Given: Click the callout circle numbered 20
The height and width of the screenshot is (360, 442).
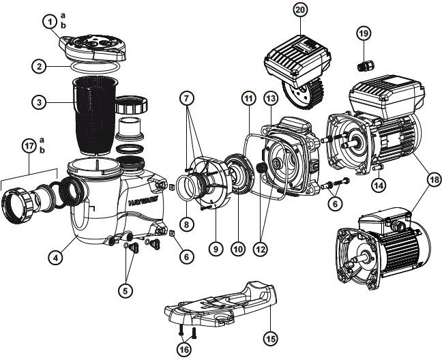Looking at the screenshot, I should pyautogui.click(x=300, y=10).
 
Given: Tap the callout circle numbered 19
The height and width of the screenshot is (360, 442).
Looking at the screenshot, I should pyautogui.click(x=363, y=33).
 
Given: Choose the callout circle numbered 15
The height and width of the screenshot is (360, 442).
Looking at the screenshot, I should pyautogui.click(x=270, y=337).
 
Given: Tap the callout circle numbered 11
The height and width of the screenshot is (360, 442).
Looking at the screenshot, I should pyautogui.click(x=247, y=100).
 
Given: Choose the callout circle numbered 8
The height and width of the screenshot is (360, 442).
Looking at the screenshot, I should pyautogui.click(x=186, y=223).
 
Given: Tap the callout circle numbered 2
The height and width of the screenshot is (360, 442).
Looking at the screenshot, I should pyautogui.click(x=40, y=66).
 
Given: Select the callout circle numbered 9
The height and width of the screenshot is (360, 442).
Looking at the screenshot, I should pyautogui.click(x=216, y=250).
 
